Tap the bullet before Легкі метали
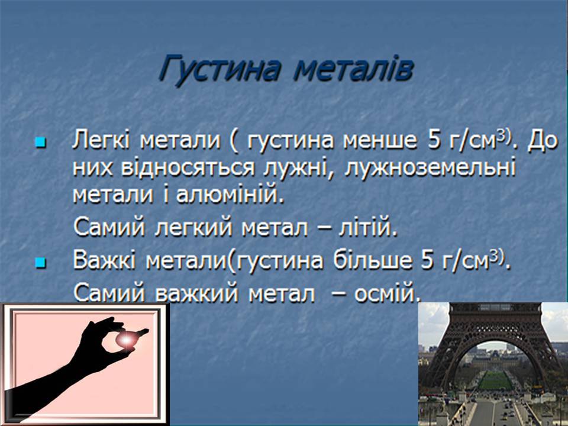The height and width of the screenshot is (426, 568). click(x=41, y=143)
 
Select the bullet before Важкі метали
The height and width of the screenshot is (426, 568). click(x=41, y=263)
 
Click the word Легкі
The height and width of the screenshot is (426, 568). click(x=101, y=140)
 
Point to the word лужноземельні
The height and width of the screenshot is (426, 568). click(x=430, y=169)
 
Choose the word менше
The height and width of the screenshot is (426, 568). click(x=380, y=141)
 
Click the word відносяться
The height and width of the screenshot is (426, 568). click(x=188, y=169)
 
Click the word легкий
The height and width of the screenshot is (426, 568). click(x=193, y=228)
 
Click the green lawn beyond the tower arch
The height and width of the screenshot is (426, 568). click(x=495, y=380)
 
